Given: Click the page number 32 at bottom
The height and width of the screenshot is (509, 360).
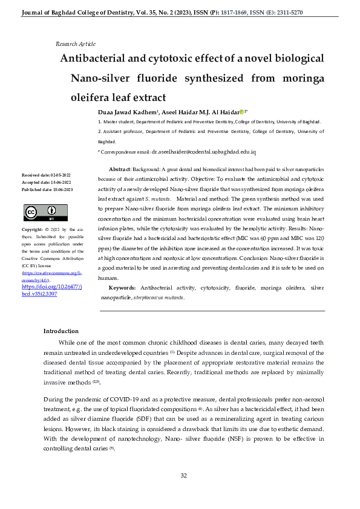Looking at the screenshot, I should [184, 476].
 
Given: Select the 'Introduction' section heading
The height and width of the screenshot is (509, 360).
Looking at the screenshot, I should [61, 331].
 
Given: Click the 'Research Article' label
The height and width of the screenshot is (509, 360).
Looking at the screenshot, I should [75, 44].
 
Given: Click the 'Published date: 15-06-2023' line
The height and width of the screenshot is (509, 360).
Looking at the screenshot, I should [47, 189].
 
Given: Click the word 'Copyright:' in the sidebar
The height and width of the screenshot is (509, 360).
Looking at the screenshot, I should [32, 230].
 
